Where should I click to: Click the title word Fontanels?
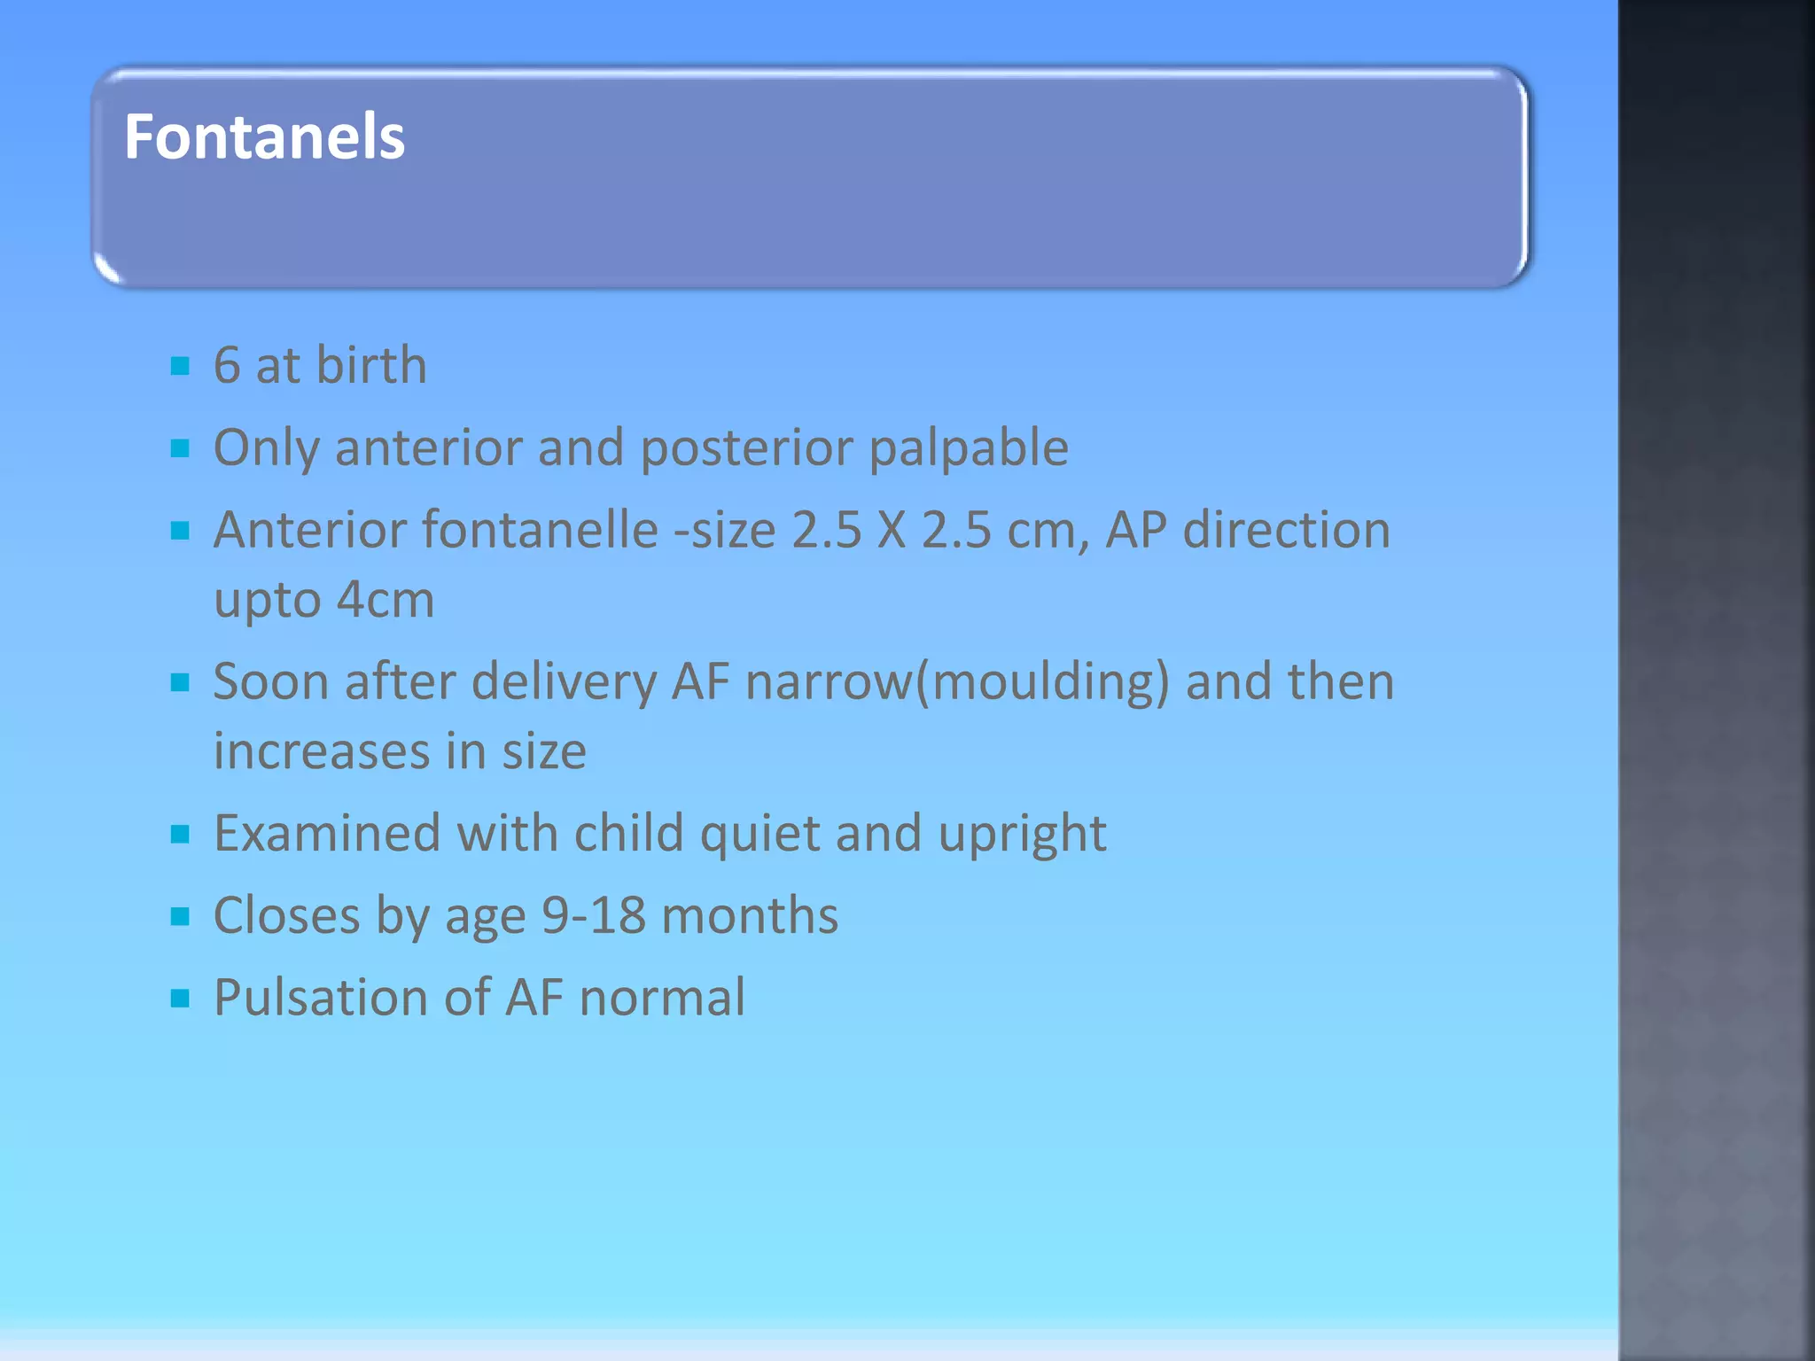pyautogui.click(x=264, y=137)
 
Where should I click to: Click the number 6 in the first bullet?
pyautogui.click(x=227, y=365)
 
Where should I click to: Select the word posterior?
pyautogui.click(x=746, y=448)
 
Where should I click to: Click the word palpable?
pyautogui.click(x=969, y=448)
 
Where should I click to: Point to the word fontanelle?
pyautogui.click(x=540, y=530)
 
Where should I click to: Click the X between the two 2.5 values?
pyautogui.click(x=892, y=530)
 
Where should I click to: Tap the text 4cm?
pyautogui.click(x=386, y=600)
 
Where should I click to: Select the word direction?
pyautogui.click(x=1286, y=530)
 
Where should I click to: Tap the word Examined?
pyautogui.click(x=327, y=834)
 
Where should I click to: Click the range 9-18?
pyautogui.click(x=593, y=915)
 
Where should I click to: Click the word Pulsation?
pyautogui.click(x=321, y=998)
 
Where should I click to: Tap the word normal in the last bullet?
pyautogui.click(x=662, y=998)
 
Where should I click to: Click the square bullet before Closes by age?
pyautogui.click(x=181, y=917)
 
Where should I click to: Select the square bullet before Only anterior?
pyautogui.click(x=181, y=448)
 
